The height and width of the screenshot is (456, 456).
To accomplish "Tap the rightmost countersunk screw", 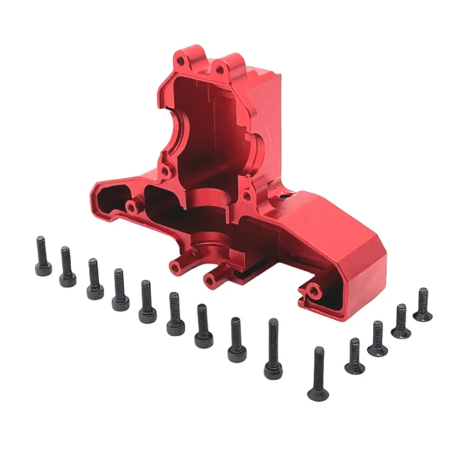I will pyautogui.click(x=422, y=305).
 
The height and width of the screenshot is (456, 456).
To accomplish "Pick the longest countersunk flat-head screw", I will pyautogui.click(x=318, y=373).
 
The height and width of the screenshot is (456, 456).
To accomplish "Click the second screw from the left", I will pyautogui.click(x=67, y=267).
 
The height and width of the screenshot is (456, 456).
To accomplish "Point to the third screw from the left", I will pyautogui.click(x=95, y=279).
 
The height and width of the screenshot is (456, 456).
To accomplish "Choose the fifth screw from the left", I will pyautogui.click(x=148, y=302).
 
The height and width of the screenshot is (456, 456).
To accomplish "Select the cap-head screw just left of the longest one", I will pyautogui.click(x=237, y=340).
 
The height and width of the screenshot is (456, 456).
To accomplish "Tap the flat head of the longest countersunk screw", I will pyautogui.click(x=317, y=393).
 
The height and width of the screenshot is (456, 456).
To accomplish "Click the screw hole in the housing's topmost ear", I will pyautogui.click(x=180, y=59).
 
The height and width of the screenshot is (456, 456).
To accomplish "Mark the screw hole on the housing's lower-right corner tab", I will pyautogui.click(x=312, y=292).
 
